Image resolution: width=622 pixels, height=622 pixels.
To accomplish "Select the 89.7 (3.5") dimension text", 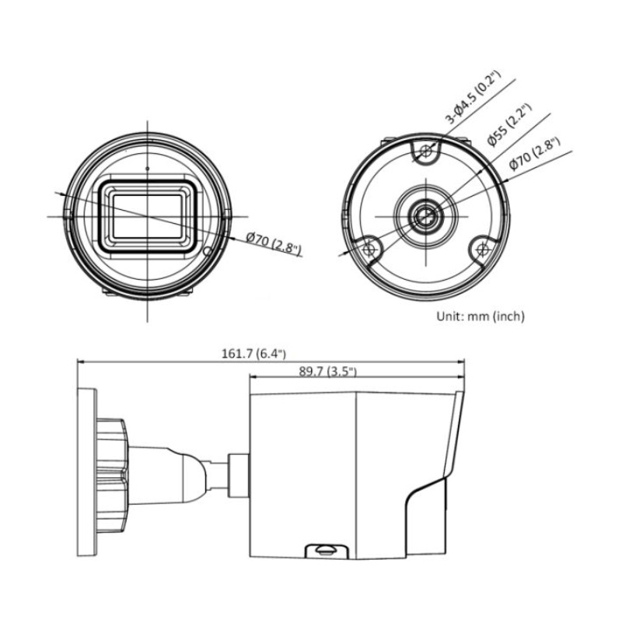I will click(x=327, y=371).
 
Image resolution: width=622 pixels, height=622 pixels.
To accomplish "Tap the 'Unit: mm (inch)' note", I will click(x=480, y=316).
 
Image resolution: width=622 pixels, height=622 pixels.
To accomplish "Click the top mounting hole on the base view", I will click(x=425, y=152).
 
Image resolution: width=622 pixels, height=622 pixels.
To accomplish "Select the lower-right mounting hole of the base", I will click(x=482, y=249).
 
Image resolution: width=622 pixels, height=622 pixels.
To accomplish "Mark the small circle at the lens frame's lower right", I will click(x=207, y=250).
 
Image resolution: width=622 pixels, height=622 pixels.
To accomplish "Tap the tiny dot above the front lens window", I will click(x=146, y=166).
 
